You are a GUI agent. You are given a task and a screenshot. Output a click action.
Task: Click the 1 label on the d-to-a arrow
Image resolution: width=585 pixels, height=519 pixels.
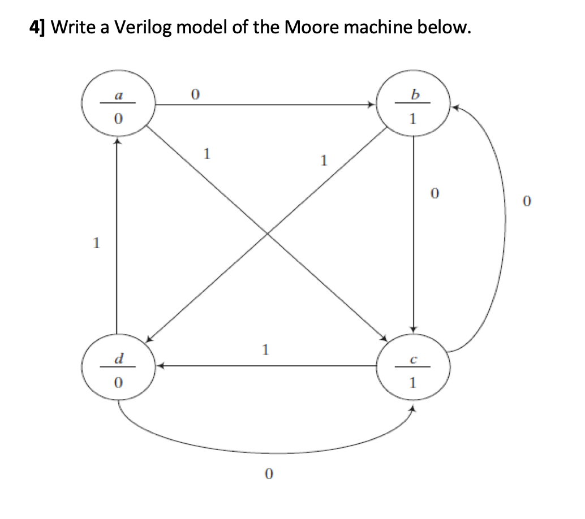pos(96,244)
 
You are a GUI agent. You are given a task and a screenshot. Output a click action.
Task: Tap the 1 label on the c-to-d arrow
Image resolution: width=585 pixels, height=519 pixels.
pos(265,349)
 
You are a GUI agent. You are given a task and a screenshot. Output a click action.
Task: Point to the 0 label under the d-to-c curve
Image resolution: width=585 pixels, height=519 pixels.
pos(268,474)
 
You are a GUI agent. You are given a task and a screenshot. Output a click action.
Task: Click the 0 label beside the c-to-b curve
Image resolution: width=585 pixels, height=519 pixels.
pos(527,201)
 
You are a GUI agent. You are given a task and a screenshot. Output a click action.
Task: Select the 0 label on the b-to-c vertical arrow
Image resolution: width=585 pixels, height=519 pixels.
pos(434,194)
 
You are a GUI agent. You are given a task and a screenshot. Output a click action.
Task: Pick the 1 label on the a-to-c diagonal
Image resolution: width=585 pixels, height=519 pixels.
pos(207,153)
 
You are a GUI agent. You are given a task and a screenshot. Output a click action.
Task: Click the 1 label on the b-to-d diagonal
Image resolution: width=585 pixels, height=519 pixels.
pos(323,161)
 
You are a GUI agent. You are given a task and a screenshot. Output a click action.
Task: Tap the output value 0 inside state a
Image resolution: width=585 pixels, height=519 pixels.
pos(117,119)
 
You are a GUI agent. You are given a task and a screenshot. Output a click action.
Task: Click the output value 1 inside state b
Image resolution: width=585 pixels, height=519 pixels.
pos(414,119)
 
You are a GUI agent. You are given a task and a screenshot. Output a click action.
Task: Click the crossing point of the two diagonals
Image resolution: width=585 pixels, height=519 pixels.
pos(266,233)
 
